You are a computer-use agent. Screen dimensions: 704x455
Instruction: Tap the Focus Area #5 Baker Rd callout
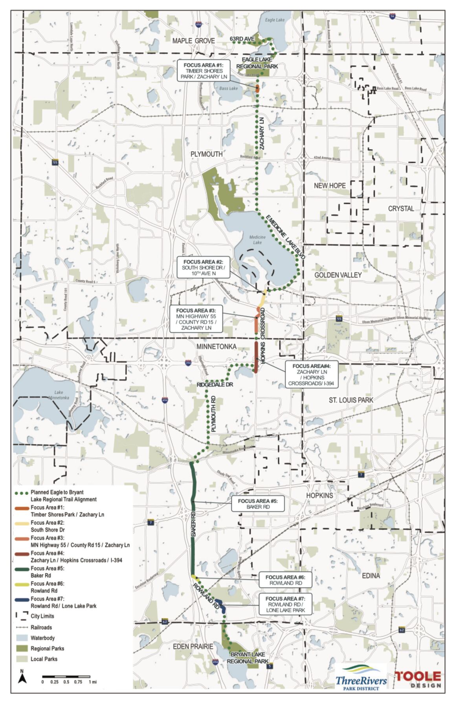257,504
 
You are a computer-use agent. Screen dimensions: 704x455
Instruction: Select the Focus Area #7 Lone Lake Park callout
285,604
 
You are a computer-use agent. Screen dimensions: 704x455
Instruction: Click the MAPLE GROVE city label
193,41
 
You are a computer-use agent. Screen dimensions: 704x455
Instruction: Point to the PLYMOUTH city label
206,154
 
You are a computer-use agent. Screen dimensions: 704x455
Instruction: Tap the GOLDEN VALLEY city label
338,275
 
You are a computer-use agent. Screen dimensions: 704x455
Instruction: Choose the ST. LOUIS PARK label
351,400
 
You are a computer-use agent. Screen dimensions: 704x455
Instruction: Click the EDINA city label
371,576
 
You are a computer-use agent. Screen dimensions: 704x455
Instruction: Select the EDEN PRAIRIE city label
193,647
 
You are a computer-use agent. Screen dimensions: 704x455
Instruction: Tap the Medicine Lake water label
257,240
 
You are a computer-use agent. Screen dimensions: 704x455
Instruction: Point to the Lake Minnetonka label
59,395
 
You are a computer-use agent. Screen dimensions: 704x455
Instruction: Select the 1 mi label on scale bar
92,682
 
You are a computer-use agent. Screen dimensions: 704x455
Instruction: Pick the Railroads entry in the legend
41,627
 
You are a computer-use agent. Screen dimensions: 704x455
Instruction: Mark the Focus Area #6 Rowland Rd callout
286,580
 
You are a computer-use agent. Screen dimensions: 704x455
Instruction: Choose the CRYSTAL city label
401,208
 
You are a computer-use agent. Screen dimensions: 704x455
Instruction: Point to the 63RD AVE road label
242,39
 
